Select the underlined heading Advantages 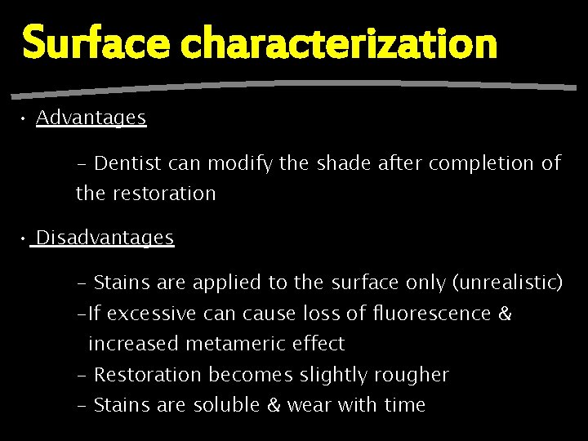(x=91, y=118)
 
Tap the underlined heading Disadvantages (x=105, y=238)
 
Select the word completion (x=482, y=163)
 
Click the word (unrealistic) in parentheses (x=506, y=283)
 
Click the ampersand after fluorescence (x=504, y=314)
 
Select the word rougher (x=412, y=375)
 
